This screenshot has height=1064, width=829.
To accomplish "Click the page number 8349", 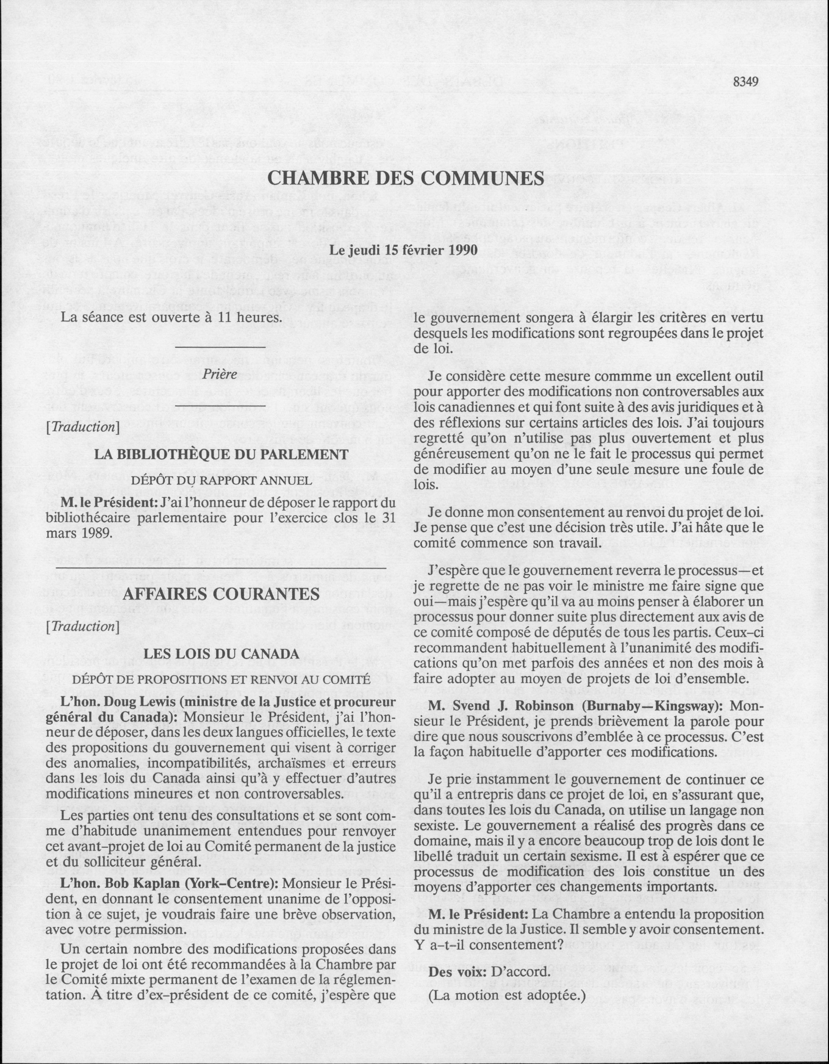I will coord(746,81).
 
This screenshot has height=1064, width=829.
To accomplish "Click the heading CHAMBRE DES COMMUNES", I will coord(405,178).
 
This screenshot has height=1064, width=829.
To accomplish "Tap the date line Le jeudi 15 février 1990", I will coord(403,250).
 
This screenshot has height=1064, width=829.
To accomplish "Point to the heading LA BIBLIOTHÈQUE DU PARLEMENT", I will coord(221,454).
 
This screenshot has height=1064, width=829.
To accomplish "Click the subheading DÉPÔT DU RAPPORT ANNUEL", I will coord(221,480).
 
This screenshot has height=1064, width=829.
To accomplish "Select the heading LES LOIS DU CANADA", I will coord(221,654).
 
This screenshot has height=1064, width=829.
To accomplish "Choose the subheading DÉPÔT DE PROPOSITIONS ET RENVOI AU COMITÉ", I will coord(221,679).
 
